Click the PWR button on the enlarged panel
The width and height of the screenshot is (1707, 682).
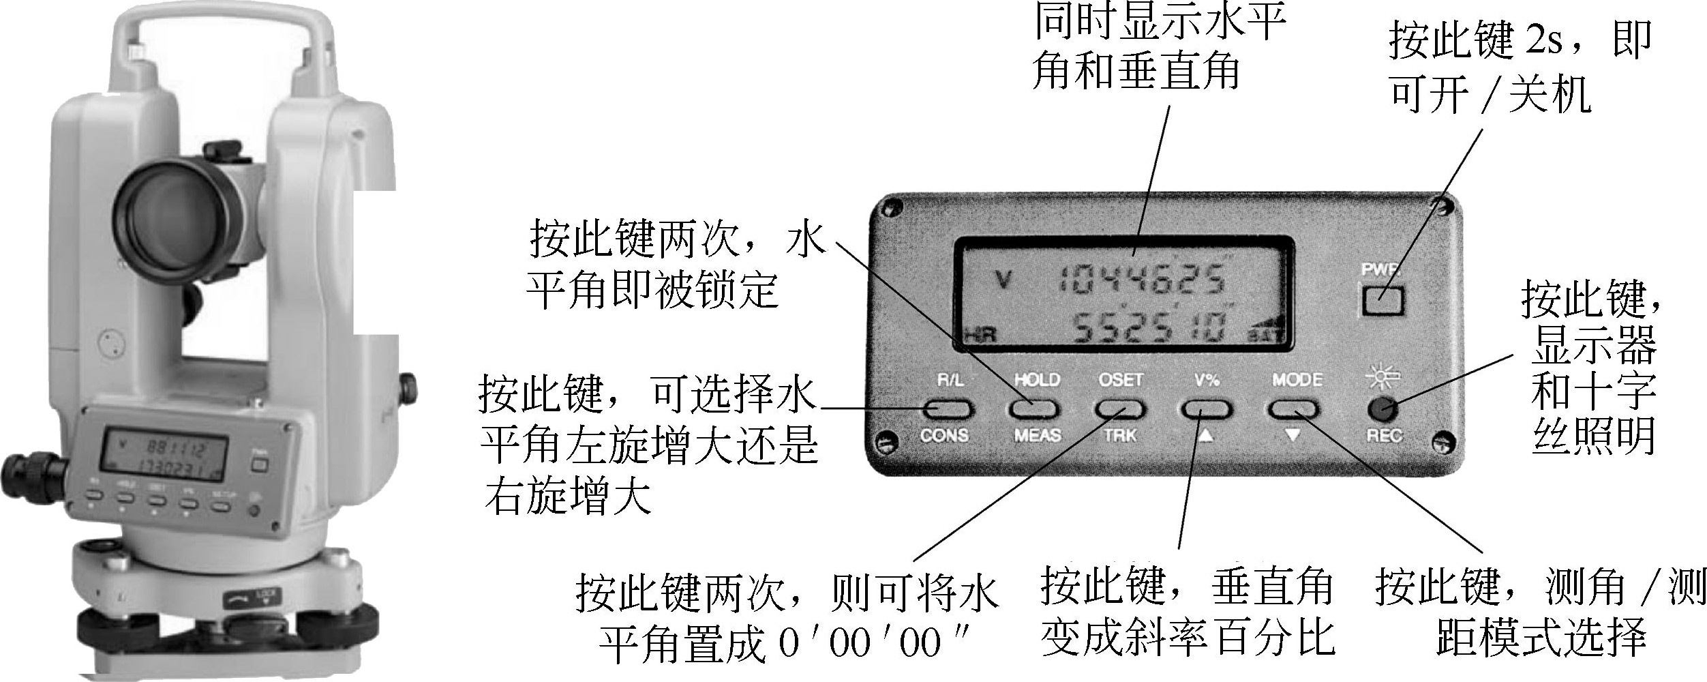coord(1383,301)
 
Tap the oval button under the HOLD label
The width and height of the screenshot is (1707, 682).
coord(1034,409)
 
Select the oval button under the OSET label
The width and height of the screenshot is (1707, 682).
coord(1121,409)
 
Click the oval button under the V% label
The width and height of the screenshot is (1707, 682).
coord(1207,409)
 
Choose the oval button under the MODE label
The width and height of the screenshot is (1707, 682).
coord(1293,409)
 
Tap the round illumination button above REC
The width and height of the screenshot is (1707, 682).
coord(1383,409)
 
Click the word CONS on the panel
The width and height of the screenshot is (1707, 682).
coord(944,435)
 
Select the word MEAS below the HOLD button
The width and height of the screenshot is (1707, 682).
coord(1037,435)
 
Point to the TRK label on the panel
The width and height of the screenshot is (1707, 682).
coord(1121,435)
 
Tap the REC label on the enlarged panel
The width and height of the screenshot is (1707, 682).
coord(1384,435)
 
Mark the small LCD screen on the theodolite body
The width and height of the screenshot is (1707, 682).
coord(164,453)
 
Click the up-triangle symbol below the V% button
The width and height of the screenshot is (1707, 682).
coord(1205,434)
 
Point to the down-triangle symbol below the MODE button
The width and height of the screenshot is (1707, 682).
coord(1293,434)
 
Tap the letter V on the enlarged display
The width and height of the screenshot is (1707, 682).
coord(1002,280)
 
